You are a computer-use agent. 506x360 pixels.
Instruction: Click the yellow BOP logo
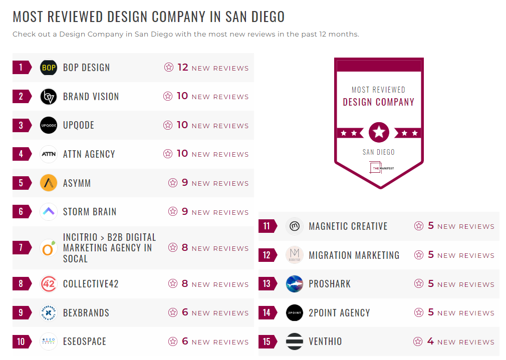pyautogui.click(x=49, y=68)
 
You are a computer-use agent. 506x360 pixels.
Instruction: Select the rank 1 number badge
pyautogui.click(x=21, y=68)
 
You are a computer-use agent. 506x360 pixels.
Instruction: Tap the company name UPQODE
pyautogui.click(x=79, y=125)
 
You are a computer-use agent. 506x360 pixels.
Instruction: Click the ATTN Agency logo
pyautogui.click(x=49, y=154)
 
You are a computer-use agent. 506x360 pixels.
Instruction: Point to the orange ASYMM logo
pyautogui.click(x=49, y=183)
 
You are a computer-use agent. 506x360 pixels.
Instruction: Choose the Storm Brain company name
pyautogui.click(x=90, y=212)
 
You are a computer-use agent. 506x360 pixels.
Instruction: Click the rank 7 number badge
pyautogui.click(x=21, y=248)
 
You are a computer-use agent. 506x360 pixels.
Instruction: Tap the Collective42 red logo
pyautogui.click(x=49, y=284)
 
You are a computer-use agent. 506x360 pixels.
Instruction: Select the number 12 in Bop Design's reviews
pyautogui.click(x=183, y=67)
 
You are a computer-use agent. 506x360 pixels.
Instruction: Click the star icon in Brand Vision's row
pyautogui.click(x=168, y=96)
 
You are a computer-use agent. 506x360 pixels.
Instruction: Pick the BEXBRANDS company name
pyautogui.click(x=86, y=313)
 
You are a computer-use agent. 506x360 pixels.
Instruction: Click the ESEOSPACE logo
pyautogui.click(x=49, y=341)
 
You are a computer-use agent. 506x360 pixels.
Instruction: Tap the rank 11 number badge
pyautogui.click(x=267, y=226)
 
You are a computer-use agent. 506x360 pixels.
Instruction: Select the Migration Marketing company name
pyautogui.click(x=354, y=255)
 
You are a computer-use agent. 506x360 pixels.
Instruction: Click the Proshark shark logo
pyautogui.click(x=295, y=284)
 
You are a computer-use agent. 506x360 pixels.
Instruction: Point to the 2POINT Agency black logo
pyautogui.click(x=295, y=313)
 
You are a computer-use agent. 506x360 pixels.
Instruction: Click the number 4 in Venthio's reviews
pyautogui.click(x=430, y=341)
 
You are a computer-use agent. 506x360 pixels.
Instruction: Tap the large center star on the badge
pyautogui.click(x=379, y=133)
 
